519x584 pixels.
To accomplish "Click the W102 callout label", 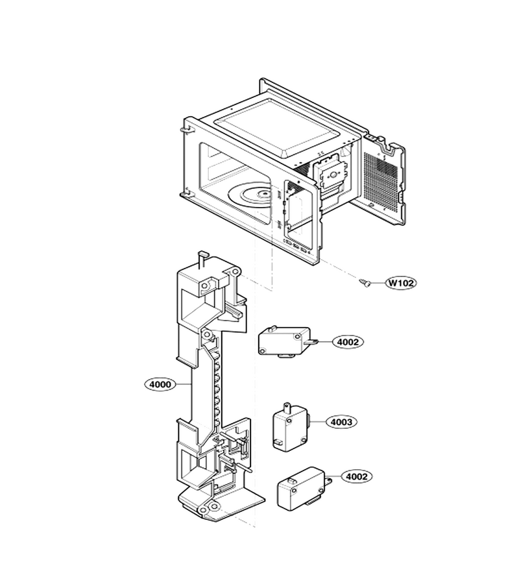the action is click(x=401, y=283).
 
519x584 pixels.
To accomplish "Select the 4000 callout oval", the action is click(x=160, y=384).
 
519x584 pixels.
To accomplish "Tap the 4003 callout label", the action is click(x=341, y=422).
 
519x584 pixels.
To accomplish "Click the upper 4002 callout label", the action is click(x=348, y=341).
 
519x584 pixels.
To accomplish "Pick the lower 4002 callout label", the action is click(x=357, y=476).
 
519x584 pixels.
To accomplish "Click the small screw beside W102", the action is click(x=365, y=284).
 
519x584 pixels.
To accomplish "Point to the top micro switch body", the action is click(x=285, y=341).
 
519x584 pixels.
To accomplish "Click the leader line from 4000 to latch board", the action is click(x=183, y=384).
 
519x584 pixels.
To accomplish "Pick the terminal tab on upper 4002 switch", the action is click(x=311, y=341).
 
